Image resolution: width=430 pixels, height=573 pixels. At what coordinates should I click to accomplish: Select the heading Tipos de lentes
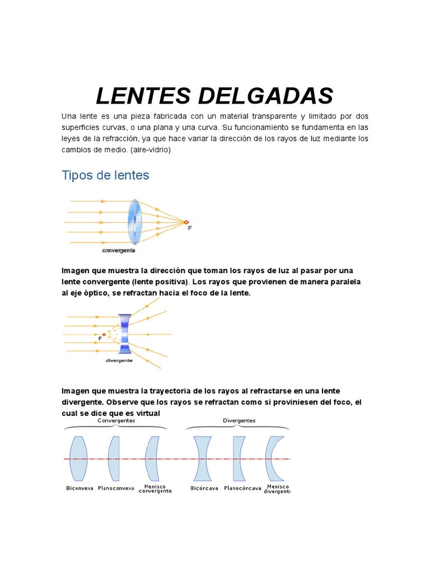tap(105, 175)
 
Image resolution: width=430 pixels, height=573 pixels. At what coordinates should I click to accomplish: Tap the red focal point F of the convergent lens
tap(186, 222)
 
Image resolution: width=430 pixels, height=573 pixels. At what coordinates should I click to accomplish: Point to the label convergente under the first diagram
tap(118, 250)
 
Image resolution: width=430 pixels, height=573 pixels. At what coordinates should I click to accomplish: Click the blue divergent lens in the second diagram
tap(125, 334)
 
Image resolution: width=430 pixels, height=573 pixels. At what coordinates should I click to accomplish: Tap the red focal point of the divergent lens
tap(104, 334)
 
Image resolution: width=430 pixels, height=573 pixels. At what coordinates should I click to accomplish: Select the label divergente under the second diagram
tap(119, 361)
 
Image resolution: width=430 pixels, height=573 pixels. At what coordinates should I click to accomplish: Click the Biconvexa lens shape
tap(78, 459)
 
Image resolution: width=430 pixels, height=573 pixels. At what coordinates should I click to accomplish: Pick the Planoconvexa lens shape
tap(114, 459)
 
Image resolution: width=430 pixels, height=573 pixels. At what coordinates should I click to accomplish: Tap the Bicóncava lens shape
tap(202, 459)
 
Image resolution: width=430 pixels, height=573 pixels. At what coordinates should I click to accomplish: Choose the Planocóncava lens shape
tap(239, 459)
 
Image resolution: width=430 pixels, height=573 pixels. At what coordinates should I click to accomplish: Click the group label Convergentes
tap(116, 420)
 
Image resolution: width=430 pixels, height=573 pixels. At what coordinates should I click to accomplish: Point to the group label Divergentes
tap(239, 420)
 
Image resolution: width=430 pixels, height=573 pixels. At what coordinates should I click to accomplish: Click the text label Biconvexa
tap(80, 488)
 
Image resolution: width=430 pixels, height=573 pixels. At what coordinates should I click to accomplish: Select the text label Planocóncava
tap(242, 488)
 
